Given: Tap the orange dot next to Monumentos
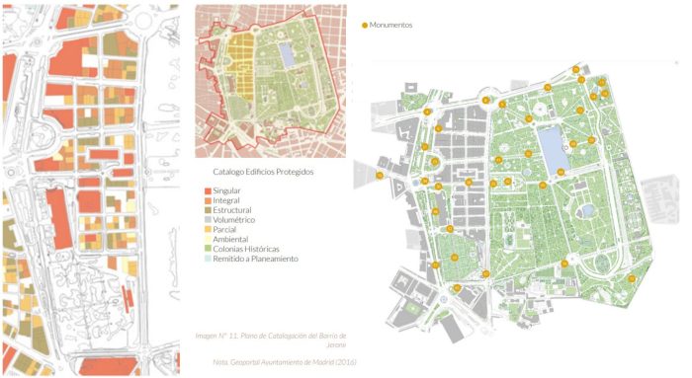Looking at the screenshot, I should click(x=366, y=25).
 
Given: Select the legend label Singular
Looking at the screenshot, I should click(x=227, y=191).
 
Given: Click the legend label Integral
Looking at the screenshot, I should click(x=226, y=200).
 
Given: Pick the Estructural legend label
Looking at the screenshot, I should click(x=232, y=210).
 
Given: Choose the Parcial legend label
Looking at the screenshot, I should click(x=224, y=230).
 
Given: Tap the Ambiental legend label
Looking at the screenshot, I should click(x=229, y=240).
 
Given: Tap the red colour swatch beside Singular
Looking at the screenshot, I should click(x=207, y=191).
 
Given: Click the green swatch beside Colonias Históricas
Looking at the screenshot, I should click(x=207, y=249).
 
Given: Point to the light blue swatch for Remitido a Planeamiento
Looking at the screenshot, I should click(x=207, y=259).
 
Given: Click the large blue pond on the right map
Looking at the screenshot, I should click(x=553, y=149).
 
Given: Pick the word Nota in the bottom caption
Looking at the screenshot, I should click(x=220, y=362).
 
